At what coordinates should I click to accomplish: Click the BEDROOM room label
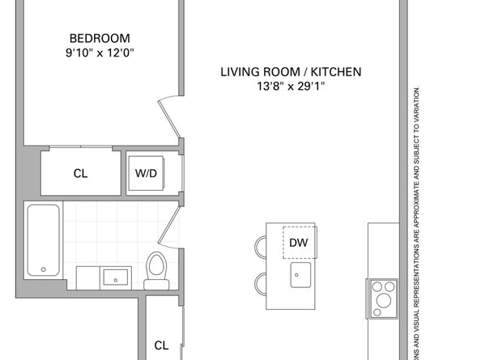tap(100, 38)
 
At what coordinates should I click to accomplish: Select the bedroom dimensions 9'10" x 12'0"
tap(100, 53)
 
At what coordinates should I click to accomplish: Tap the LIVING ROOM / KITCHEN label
tap(291, 72)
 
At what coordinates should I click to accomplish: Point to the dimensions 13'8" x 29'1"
tap(291, 87)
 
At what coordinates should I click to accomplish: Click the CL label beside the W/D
tap(80, 173)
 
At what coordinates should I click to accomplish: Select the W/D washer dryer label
tap(145, 173)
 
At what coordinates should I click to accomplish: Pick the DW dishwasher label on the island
tap(299, 241)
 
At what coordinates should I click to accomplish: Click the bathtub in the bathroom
tap(43, 240)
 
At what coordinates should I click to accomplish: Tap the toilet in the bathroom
tap(155, 269)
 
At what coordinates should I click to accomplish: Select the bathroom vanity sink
tap(117, 277)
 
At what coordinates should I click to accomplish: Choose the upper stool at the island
tap(263, 246)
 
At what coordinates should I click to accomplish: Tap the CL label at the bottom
tap(161, 345)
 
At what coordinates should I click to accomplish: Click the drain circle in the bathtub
tap(43, 270)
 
